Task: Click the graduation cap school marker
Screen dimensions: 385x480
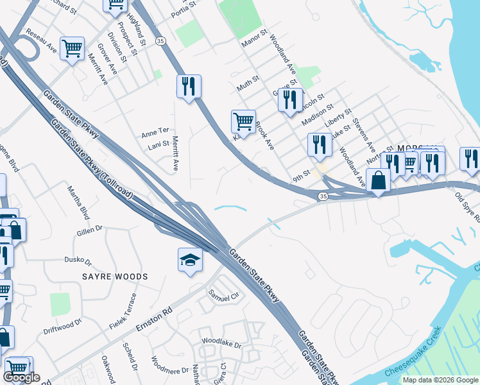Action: coord(189,260)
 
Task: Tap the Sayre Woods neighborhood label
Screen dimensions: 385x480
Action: coord(115,277)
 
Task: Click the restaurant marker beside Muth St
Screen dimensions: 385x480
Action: coord(189,86)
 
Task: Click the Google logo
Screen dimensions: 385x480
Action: coord(21,377)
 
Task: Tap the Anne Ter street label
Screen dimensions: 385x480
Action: coord(155,133)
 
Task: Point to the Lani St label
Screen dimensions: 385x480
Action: coord(158,145)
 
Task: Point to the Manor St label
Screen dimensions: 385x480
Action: coord(253,39)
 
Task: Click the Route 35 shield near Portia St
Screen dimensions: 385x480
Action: coord(160,40)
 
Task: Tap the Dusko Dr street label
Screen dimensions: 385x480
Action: coord(78,261)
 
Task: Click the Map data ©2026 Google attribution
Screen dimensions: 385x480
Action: coord(440,380)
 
